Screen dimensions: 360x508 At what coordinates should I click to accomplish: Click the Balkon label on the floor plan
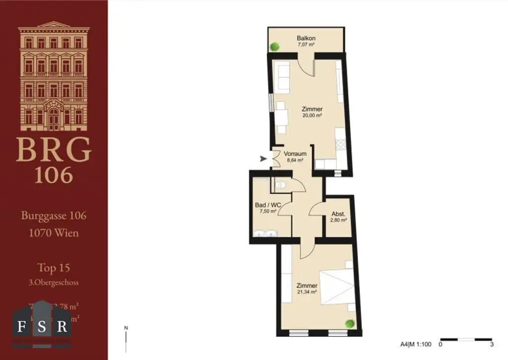tap(306, 38)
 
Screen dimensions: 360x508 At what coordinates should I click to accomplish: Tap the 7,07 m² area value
tap(306, 45)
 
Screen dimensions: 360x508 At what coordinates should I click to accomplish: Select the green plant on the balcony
tap(274, 46)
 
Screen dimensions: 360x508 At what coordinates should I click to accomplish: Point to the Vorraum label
tap(295, 154)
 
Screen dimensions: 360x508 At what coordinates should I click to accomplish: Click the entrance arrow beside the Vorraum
tap(263, 159)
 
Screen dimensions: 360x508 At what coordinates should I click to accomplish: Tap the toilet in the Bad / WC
tap(281, 185)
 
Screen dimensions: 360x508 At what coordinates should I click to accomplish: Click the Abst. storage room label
tap(339, 214)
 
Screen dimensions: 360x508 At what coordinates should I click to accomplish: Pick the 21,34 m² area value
tap(307, 292)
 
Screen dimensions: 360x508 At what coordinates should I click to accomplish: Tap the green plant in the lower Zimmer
tap(350, 323)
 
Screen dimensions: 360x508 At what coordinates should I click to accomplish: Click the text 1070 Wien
tap(54, 233)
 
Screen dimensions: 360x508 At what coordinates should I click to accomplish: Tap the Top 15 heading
tap(54, 268)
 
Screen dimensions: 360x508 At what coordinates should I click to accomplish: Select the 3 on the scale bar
tap(491, 344)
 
